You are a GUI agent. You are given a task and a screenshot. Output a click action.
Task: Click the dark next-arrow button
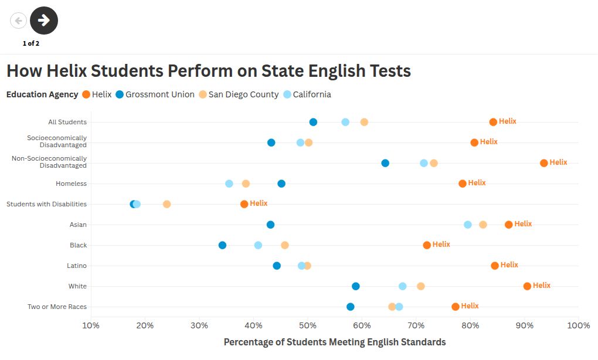(44, 21)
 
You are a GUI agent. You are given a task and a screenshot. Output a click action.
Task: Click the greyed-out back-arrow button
(18, 21)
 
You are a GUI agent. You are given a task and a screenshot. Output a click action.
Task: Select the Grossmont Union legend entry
(155, 94)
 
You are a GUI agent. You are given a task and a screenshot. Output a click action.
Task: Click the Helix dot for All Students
(493, 122)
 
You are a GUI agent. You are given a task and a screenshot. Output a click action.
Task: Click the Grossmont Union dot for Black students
(222, 245)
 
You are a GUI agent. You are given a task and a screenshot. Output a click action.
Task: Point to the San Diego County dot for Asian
(483, 225)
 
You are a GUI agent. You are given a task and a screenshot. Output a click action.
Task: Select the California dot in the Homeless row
(229, 184)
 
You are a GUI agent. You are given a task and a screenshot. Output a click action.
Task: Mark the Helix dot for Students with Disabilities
(244, 204)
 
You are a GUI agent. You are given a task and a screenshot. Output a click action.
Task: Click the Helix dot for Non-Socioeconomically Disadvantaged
(544, 163)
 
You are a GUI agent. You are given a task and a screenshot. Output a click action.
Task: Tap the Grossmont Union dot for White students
(356, 286)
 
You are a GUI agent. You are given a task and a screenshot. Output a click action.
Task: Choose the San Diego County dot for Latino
(307, 266)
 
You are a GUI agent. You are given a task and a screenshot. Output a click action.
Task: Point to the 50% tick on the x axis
(308, 325)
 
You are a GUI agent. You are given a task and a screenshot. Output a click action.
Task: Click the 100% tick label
(577, 325)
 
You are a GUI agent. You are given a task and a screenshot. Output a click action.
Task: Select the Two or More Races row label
(57, 307)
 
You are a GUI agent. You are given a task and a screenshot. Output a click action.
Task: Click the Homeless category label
(71, 184)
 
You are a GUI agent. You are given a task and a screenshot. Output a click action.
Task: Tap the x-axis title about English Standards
(334, 342)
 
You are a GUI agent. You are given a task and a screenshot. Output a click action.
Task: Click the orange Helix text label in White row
(542, 286)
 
